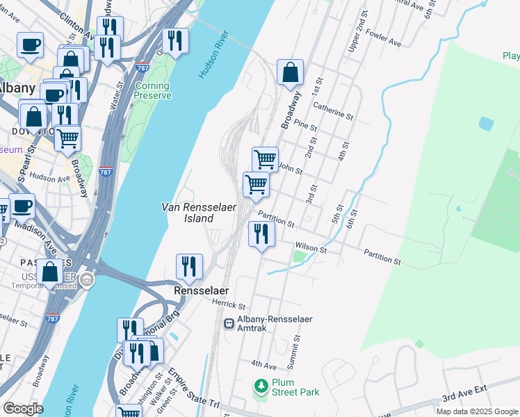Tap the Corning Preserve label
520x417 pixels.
point(152,91)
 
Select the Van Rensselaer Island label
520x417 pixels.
point(188,213)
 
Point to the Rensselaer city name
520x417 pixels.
point(202,291)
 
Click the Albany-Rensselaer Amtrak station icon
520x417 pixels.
point(229,324)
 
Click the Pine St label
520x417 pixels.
point(306,126)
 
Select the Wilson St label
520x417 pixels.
point(311,247)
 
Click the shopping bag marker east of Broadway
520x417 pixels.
point(290,72)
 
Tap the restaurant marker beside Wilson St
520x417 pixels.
point(261,233)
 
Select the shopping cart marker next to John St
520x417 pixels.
point(265,159)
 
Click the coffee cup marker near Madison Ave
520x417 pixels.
point(22,206)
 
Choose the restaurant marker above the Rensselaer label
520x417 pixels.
point(188,265)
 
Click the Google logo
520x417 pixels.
point(23,409)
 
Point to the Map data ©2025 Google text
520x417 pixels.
point(476,411)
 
